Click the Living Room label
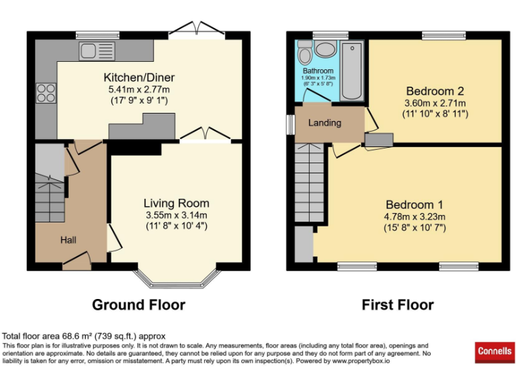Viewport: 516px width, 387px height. [x=176, y=203]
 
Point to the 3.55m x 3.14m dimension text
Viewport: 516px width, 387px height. [x=176, y=215]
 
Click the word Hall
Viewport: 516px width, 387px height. [x=69, y=240]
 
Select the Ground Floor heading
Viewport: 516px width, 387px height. [x=138, y=304]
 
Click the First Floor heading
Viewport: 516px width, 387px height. [x=398, y=304]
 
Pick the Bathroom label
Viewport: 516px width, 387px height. [x=318, y=71]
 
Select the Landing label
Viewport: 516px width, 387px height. [x=325, y=123]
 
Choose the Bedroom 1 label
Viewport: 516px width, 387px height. [x=414, y=204]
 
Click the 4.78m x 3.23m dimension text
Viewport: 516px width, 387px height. [x=414, y=216]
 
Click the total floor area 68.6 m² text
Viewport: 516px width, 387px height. [x=84, y=336]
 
